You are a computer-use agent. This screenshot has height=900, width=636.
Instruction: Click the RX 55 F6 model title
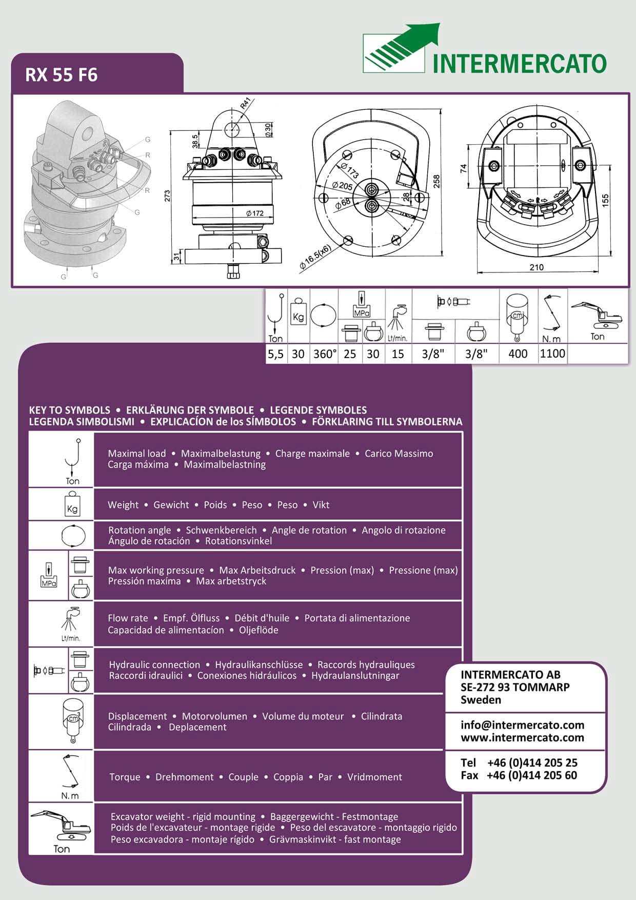point(62,75)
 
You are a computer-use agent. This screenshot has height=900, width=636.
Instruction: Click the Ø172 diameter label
point(254,213)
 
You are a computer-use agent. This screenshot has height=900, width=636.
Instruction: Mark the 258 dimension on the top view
point(436,181)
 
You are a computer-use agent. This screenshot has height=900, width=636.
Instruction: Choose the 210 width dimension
point(536,267)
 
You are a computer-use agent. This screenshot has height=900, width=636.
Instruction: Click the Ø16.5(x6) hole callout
point(315,257)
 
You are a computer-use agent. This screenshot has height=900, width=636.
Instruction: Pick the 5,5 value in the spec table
point(275,354)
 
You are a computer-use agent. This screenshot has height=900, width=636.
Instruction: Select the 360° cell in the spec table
point(324,354)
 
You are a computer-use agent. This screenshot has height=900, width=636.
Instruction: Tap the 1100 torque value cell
point(552,354)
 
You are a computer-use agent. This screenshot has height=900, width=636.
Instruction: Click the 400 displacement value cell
point(518,354)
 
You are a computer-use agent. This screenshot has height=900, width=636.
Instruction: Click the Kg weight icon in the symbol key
point(72,505)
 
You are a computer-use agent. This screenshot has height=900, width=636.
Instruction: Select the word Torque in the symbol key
point(125,777)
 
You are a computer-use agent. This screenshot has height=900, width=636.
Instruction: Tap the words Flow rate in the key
point(128,618)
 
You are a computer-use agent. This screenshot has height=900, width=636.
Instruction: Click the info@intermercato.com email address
point(522,725)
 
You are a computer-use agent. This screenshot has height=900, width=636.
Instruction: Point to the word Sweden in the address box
point(481,700)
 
